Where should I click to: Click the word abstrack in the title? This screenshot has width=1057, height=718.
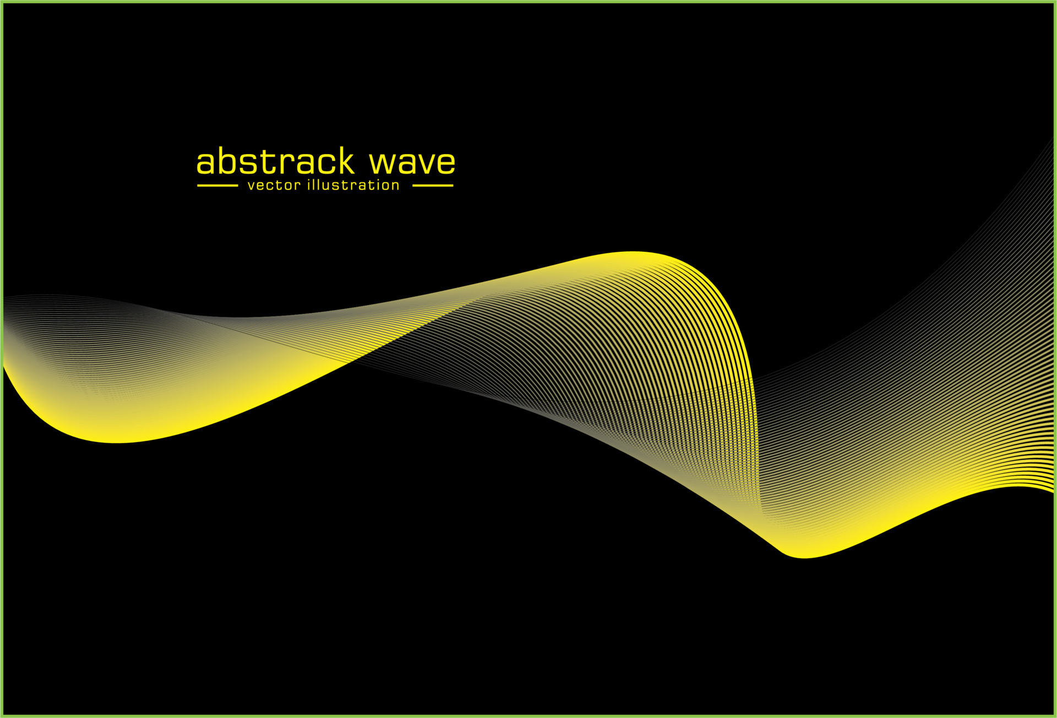coord(275,162)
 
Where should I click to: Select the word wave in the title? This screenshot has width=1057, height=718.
coord(412,163)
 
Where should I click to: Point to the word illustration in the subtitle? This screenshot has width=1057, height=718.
coord(353,185)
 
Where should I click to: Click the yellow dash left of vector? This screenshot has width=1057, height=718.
coord(217,186)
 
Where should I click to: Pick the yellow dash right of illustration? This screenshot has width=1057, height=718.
coord(433,186)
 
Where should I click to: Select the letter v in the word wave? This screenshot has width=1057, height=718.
coord(426,164)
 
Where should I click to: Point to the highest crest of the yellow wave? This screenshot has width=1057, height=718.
coord(633,253)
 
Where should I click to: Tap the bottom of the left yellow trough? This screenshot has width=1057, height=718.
coord(118,442)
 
